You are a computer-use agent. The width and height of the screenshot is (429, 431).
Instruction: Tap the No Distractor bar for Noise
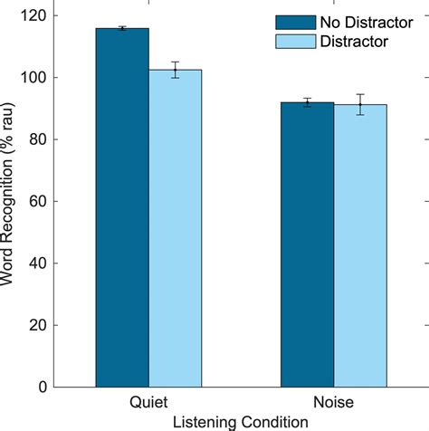click(307, 244)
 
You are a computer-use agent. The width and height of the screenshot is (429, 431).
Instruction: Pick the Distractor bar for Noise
click(360, 245)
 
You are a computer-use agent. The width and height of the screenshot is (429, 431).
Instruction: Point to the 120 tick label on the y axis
click(37, 15)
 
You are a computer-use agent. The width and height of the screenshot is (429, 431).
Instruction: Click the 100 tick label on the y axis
click(37, 77)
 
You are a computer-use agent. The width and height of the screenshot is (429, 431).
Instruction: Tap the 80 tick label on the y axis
click(41, 139)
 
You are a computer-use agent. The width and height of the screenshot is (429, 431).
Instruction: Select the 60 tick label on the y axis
click(41, 201)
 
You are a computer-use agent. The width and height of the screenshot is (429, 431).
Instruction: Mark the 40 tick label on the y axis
click(41, 263)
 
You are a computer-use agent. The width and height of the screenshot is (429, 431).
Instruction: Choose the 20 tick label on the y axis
click(41, 325)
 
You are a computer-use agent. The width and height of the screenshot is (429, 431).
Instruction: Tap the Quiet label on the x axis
click(149, 403)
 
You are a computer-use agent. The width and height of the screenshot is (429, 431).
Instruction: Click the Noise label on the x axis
click(333, 403)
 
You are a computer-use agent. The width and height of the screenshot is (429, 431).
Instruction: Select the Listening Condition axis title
click(241, 421)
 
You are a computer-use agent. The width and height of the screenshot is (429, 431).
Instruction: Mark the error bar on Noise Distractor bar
click(360, 104)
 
